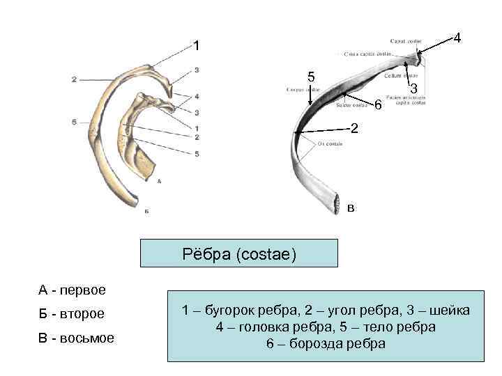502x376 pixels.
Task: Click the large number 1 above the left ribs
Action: click(x=197, y=46)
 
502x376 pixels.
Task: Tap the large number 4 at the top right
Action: click(x=457, y=39)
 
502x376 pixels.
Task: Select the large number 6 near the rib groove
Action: click(x=377, y=106)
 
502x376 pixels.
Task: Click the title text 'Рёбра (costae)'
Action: click(x=239, y=255)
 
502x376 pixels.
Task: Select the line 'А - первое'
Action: click(x=72, y=289)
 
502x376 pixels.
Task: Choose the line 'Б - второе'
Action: click(x=71, y=314)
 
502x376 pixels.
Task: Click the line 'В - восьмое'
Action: click(x=76, y=339)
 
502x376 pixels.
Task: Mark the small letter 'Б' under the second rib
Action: click(x=146, y=210)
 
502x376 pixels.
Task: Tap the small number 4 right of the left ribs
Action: click(x=197, y=96)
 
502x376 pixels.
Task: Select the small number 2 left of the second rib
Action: click(x=73, y=79)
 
